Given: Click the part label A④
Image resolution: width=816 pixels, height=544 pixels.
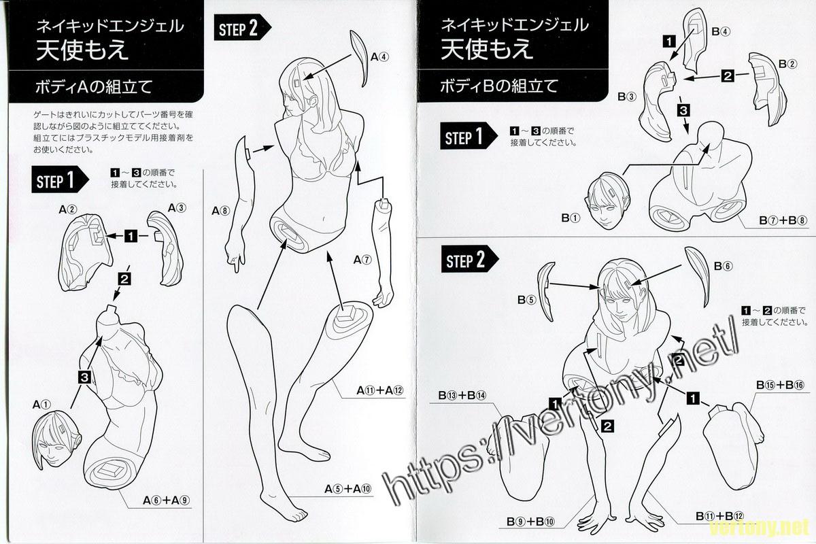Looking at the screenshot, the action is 379,57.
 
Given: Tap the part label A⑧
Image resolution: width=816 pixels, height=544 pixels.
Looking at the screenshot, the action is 221,211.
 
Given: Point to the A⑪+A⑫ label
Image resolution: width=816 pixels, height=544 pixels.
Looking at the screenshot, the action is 380,390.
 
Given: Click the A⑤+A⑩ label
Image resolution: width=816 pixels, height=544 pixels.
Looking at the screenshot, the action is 348,489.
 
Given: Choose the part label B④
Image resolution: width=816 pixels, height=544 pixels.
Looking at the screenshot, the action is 721,32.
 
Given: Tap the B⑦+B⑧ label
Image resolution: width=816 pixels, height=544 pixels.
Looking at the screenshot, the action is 782,220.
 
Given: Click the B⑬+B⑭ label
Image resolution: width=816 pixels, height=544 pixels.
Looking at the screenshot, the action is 462,395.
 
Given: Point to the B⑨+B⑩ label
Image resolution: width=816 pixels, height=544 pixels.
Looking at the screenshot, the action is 530,522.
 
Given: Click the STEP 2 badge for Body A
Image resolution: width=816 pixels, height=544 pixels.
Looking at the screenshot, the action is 243,28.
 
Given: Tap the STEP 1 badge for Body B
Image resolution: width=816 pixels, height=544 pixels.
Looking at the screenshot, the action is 469,136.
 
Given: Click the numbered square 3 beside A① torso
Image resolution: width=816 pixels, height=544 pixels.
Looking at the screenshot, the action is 84,377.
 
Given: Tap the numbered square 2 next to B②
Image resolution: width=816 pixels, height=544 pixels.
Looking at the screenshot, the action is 727,77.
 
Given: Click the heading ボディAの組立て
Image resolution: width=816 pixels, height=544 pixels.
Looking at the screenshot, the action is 94,88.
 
